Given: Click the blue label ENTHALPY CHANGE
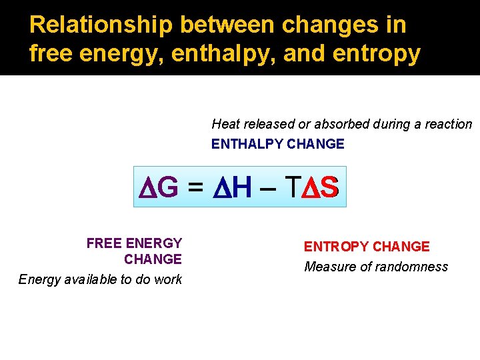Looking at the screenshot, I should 277,144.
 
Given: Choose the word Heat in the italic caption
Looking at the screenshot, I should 225,124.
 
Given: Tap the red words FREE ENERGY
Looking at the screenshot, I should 134,243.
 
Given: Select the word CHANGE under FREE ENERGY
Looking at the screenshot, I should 153,259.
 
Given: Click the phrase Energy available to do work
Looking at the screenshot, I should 100,279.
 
